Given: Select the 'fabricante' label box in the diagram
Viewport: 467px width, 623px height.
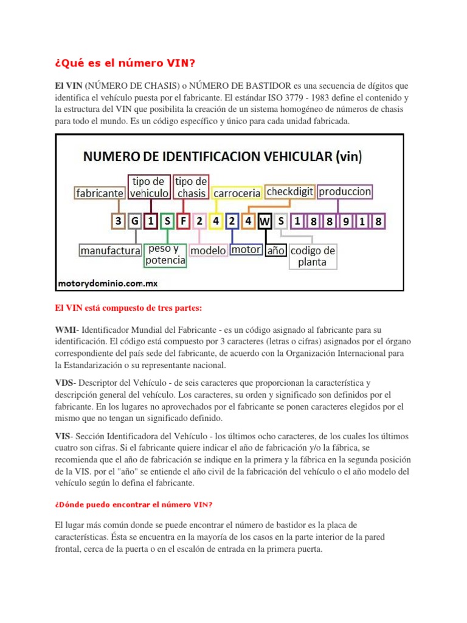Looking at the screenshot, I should click(x=100, y=193).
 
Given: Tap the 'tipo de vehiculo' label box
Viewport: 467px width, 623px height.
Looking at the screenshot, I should click(x=149, y=187).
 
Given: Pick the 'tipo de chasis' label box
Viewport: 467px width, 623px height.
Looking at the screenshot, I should click(x=192, y=187).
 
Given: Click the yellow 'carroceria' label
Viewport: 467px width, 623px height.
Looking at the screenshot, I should click(x=237, y=193).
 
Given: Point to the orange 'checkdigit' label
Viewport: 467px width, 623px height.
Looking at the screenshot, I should click(x=290, y=191).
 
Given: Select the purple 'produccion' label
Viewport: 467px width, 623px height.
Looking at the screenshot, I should click(x=345, y=191).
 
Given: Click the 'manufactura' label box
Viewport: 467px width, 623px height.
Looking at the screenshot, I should click(x=110, y=250).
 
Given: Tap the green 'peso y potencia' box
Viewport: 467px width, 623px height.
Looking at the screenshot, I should click(x=165, y=255).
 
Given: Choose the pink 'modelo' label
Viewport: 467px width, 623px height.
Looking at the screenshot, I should click(x=208, y=250).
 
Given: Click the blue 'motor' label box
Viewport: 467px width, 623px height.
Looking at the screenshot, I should click(x=246, y=249).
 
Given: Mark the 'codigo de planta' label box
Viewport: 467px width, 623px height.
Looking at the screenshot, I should click(x=313, y=256).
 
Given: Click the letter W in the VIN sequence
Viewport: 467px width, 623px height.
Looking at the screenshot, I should click(x=265, y=221).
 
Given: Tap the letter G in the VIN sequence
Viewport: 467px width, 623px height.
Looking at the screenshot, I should click(x=134, y=221).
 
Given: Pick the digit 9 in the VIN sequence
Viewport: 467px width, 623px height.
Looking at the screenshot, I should click(x=346, y=221).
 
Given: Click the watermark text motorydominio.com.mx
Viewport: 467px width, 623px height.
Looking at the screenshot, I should click(x=108, y=283).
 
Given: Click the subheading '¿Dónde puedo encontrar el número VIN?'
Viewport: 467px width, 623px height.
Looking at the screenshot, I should click(x=134, y=504).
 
